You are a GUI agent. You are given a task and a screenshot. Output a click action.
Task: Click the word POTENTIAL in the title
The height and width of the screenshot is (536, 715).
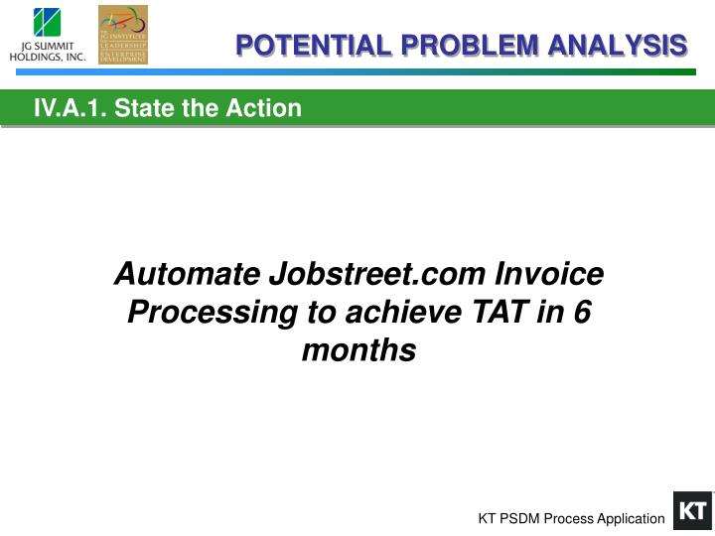[300, 46]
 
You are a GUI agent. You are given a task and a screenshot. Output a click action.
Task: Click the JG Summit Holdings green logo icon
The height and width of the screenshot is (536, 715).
[47, 22]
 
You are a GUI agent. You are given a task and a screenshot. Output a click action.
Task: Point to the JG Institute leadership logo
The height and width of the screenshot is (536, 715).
[123, 33]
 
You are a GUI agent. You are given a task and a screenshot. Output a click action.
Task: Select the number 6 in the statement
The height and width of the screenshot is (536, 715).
[582, 312]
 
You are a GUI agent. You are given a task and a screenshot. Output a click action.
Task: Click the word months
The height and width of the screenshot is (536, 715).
[357, 350]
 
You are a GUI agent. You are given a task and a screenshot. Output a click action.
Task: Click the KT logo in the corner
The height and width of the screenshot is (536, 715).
[692, 511]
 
